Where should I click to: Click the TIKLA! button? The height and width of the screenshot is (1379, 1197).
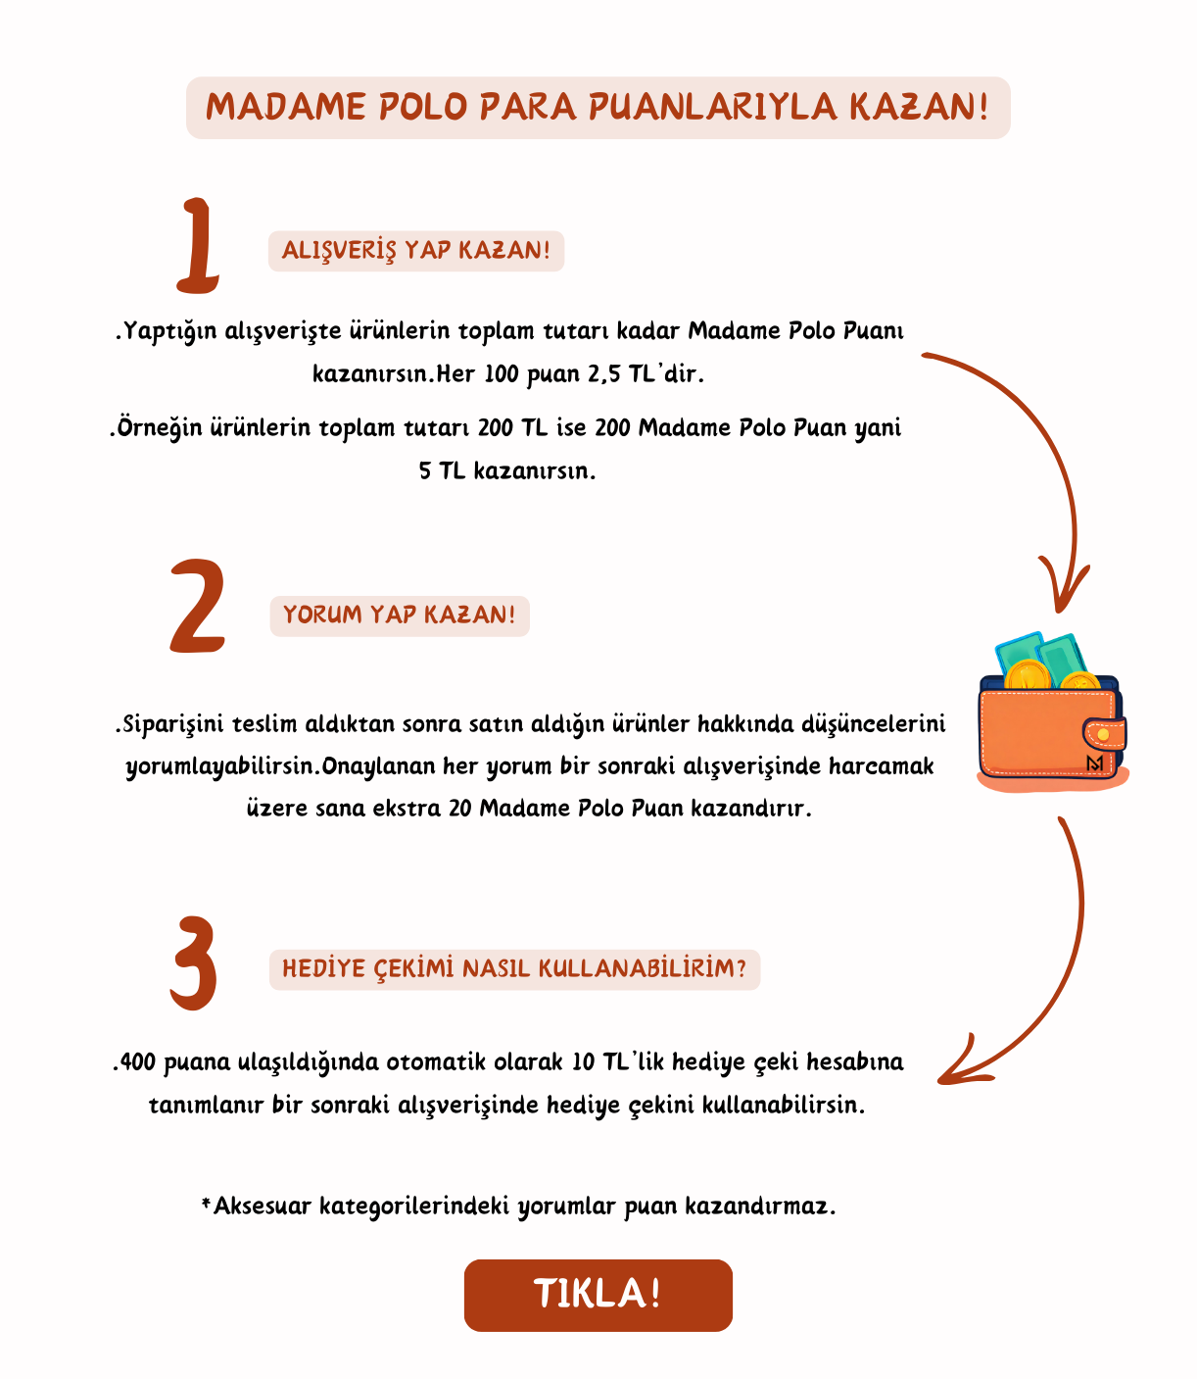598,1295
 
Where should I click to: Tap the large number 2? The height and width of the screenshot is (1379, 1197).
199,608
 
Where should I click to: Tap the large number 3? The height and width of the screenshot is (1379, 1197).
194,962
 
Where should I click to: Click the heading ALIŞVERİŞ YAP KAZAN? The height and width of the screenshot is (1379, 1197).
415,251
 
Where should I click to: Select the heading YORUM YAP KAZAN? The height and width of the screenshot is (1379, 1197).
399,616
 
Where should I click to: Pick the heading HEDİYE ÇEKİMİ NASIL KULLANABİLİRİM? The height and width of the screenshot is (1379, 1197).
514,969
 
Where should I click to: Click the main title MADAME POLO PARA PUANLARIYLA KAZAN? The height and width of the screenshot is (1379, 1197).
598,107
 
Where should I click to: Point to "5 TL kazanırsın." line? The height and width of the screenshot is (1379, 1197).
506,471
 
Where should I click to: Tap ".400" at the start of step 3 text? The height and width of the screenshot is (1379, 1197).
134,1062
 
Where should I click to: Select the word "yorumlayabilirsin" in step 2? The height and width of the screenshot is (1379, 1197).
219,766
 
